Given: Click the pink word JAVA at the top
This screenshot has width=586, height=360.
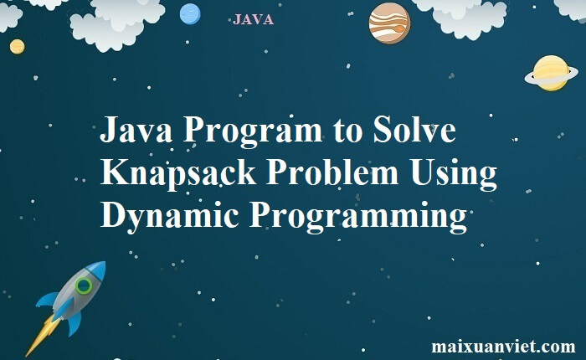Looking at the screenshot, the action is pyautogui.click(x=253, y=20).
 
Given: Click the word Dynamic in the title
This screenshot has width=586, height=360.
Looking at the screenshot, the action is pyautogui.click(x=170, y=216).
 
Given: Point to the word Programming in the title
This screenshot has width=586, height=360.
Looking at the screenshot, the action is pyautogui.click(x=358, y=217).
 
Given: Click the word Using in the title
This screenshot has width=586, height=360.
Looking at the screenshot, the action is pyautogui.click(x=454, y=174).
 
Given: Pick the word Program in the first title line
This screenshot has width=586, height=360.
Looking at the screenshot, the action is pyautogui.click(x=253, y=132).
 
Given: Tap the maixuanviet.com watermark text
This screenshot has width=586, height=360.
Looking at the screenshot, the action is pyautogui.click(x=503, y=347).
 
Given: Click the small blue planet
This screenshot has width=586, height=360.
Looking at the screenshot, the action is pyautogui.click(x=190, y=14).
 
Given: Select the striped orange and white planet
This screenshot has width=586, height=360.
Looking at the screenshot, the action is pyautogui.click(x=389, y=23).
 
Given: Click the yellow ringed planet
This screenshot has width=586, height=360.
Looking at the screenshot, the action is pyautogui.click(x=551, y=74).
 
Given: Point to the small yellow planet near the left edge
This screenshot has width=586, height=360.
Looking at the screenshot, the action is pyautogui.click(x=18, y=47).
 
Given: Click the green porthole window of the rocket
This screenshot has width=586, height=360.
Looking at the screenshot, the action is pyautogui.click(x=84, y=286).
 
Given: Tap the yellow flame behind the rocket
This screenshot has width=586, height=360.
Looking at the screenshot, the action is pyautogui.click(x=43, y=335).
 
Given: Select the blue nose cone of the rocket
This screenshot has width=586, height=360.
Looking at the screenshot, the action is pyautogui.click(x=97, y=270).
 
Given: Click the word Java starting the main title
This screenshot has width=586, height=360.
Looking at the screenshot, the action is pyautogui.click(x=136, y=129).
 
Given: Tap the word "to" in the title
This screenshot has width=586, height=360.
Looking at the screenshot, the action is pyautogui.click(x=347, y=131).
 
